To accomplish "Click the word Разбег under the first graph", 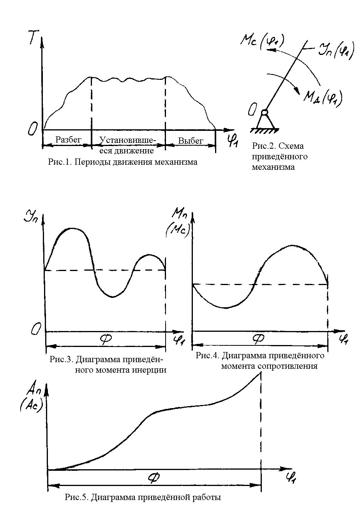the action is [69, 139].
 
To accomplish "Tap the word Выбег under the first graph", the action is [191, 140].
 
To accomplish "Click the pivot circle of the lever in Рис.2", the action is [265, 113].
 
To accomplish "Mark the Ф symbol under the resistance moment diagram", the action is [258, 339].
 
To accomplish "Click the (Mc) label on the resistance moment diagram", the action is [178, 231].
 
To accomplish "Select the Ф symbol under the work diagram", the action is [154, 478].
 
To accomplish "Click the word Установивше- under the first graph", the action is [128, 140].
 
